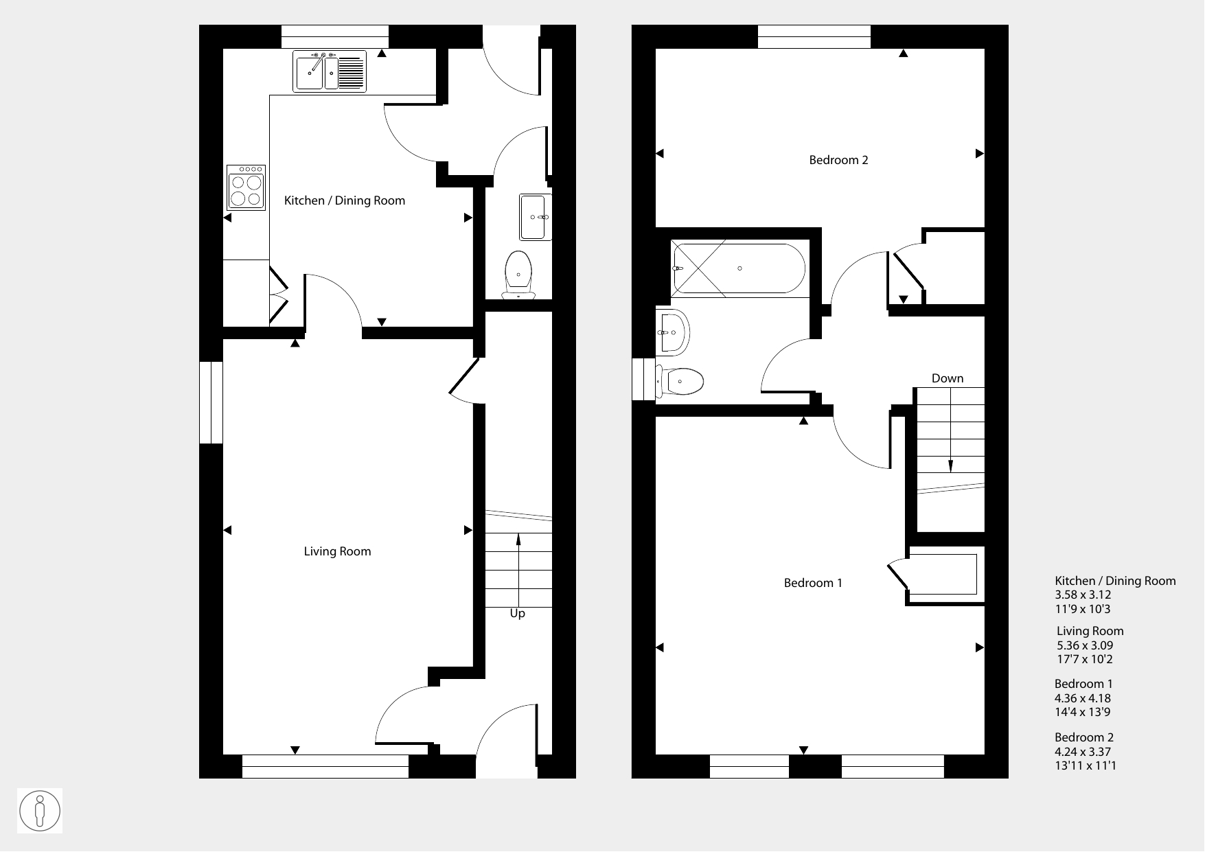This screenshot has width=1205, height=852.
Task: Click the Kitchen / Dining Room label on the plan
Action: (x=345, y=200)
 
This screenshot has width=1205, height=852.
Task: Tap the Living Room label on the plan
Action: (x=337, y=551)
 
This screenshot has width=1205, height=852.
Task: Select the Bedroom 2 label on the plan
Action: (x=838, y=160)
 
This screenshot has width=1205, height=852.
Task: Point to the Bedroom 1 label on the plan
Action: (x=813, y=583)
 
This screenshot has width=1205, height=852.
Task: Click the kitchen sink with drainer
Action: (x=330, y=71)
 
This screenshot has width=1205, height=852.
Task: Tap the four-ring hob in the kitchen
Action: (x=246, y=187)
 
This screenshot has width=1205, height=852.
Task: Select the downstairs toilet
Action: (x=518, y=275)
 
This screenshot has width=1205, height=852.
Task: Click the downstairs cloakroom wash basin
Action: (x=536, y=217)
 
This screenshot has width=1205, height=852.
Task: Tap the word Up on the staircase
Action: (x=517, y=614)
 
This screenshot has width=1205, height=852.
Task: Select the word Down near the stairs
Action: (x=948, y=378)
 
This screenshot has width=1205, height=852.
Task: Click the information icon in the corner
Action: (x=40, y=811)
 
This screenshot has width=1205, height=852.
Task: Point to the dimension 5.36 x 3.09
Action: (x=1085, y=645)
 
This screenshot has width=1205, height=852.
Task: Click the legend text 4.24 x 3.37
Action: (x=1083, y=752)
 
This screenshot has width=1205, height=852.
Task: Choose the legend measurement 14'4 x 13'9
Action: (x=1083, y=712)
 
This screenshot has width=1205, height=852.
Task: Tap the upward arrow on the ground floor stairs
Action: (x=518, y=570)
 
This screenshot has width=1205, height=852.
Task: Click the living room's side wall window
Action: (x=211, y=402)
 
